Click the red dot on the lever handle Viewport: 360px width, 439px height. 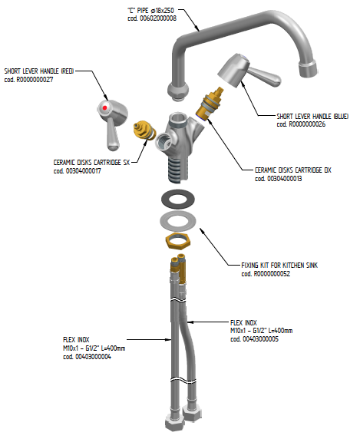click(x=104, y=107)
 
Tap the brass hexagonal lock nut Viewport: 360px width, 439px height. click(x=178, y=241)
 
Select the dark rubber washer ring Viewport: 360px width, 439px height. click(x=178, y=199)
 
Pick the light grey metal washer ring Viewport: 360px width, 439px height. click(x=178, y=221)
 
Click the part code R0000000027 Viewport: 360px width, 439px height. click(x=35, y=80)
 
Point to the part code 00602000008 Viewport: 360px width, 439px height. click(x=158, y=18)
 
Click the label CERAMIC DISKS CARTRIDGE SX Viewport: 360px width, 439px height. click(x=91, y=163)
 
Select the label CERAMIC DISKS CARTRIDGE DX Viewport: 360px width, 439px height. click(x=293, y=170)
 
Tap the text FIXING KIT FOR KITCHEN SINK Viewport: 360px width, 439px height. click(x=279, y=266)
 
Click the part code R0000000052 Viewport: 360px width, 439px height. click(x=272, y=274)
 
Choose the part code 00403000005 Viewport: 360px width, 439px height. click(x=260, y=339)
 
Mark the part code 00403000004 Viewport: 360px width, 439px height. click(x=93, y=357)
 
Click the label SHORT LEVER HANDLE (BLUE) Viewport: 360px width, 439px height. click(x=312, y=116)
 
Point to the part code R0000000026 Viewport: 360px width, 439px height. click(x=307, y=124)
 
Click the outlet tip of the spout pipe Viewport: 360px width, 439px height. click(x=309, y=69)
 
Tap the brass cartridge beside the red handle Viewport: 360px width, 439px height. click(x=144, y=130)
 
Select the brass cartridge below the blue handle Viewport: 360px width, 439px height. click(x=210, y=104)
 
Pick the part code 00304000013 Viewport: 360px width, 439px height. click(x=286, y=179)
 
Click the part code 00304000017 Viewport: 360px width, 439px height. click(x=84, y=171)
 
